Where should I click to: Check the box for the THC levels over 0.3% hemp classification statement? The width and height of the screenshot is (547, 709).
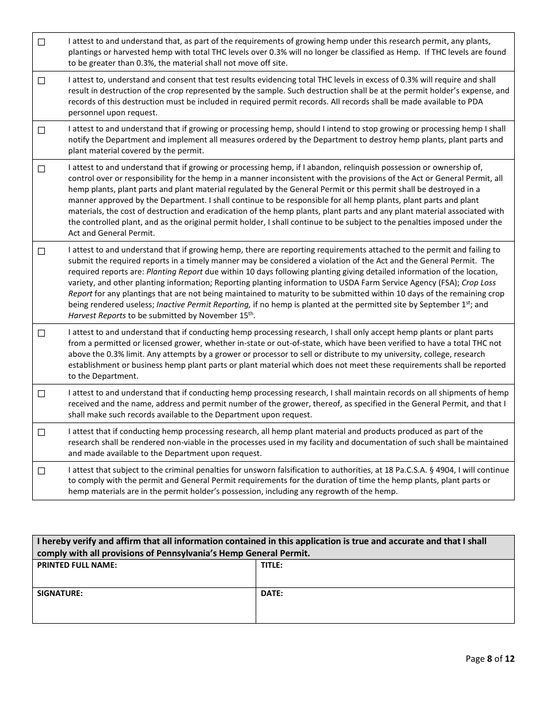point(41,42)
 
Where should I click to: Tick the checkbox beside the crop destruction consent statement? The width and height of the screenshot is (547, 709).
point(41,81)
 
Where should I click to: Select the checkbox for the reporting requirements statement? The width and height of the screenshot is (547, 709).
point(41,251)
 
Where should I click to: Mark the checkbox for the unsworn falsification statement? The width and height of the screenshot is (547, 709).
point(41,471)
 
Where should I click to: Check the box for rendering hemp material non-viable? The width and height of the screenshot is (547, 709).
point(41,432)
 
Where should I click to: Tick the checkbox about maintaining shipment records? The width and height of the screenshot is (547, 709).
point(41,394)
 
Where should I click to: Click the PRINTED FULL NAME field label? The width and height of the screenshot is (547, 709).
point(77,565)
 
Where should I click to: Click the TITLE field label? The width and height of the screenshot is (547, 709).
point(271,565)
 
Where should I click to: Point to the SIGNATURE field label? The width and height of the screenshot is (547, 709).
point(60,593)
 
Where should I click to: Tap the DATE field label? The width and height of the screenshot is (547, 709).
point(272,593)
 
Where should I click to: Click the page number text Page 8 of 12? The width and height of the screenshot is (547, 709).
point(489,659)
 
